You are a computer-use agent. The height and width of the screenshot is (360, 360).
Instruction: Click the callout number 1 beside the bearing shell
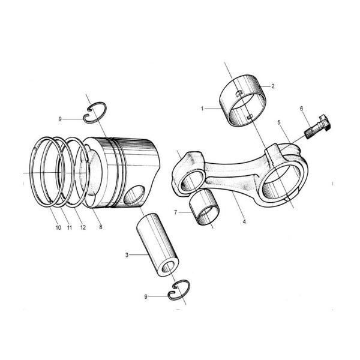pos(203,109)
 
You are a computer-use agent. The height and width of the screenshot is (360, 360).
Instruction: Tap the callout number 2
pos(273,86)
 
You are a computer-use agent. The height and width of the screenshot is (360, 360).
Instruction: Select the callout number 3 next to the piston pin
pos(127,255)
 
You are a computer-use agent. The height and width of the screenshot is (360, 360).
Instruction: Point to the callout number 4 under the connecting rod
pos(244,222)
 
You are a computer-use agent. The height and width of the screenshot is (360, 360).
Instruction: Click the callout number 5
pos(279,122)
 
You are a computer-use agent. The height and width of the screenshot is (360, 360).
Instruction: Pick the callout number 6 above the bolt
pos(301,109)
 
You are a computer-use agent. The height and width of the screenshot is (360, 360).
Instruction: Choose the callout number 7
pos(175,212)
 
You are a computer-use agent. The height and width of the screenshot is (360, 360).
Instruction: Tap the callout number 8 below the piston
pos(101,227)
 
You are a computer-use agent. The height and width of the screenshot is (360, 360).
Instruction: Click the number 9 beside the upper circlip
pos(60,119)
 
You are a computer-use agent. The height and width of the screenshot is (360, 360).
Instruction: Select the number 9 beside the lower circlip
pos(146,296)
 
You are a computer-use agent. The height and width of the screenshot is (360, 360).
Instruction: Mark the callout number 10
pos(59,227)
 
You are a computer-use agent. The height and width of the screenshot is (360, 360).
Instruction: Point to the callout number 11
pos(70,227)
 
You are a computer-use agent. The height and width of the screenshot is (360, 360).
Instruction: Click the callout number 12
pos(83,227)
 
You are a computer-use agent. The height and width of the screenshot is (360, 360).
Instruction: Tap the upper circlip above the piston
pos(95,112)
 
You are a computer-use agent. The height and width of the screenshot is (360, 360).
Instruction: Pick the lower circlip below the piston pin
pos(180,289)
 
